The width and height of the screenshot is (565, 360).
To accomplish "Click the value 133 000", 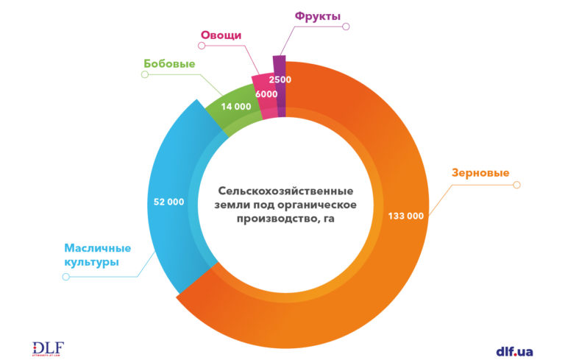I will pos(405,216).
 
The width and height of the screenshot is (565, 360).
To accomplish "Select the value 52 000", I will pos(169,201).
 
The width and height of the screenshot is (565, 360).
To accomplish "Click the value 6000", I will pos(266,94).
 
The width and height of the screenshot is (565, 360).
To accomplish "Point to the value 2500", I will pos(280,80).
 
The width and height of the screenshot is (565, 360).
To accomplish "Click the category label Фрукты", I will pos(318,15).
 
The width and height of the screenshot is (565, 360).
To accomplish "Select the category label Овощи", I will pos(221,35).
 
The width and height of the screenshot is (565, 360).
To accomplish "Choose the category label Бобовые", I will pos(168,64).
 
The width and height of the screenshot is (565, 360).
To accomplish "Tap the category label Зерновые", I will pos(480,173).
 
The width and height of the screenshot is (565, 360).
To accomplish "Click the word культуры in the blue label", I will pos(91,263).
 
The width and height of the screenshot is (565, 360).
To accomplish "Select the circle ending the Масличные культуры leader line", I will pos(66,277).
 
